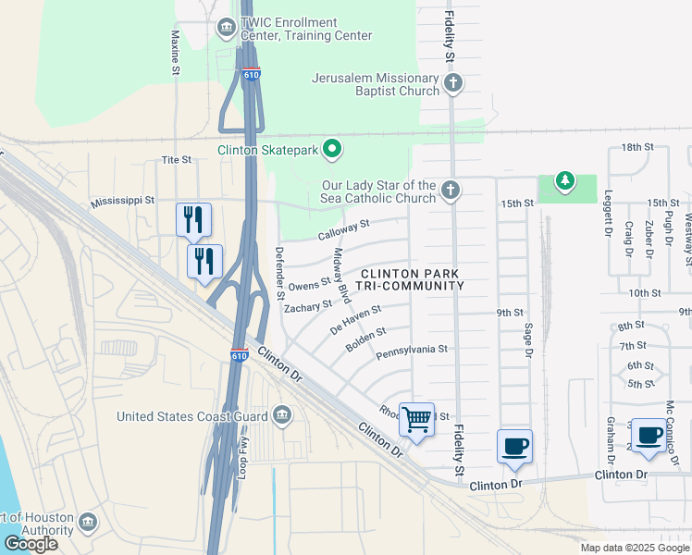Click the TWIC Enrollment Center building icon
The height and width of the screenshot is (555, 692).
(226, 28)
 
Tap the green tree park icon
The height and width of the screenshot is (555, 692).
(565, 179)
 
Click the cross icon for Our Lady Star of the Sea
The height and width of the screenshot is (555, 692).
(451, 191)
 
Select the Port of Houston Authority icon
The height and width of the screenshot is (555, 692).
(89, 522)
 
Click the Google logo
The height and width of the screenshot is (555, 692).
(31, 544)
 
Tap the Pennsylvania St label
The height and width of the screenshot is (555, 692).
(412, 350)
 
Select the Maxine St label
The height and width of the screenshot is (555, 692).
(174, 51)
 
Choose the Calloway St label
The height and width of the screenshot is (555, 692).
(343, 229)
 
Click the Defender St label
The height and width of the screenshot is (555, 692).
(278, 274)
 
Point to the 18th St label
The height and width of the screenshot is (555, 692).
(637, 147)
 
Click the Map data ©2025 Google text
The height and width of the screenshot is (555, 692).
(635, 548)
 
